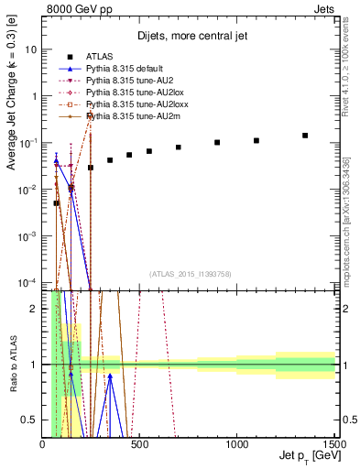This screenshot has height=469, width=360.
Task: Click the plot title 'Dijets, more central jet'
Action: tap(190, 38)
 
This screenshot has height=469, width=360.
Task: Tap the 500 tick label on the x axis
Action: tap(140, 444)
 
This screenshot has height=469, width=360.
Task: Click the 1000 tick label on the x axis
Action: tap(236, 444)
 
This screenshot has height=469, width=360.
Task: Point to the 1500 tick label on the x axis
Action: tap(333, 444)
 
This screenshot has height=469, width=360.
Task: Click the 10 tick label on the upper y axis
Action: tap(30, 49)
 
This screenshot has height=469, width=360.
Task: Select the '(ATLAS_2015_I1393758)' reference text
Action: tap(189, 273)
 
